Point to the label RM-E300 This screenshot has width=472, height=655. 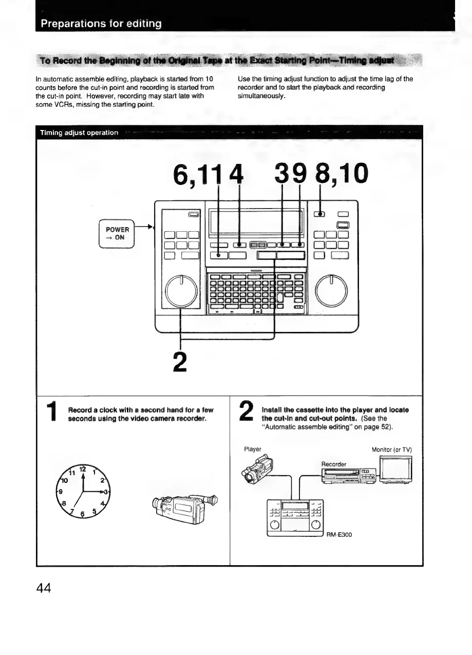coord(339,534)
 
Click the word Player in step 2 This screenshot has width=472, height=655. coord(253,449)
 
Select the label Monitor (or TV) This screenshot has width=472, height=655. coord(392,450)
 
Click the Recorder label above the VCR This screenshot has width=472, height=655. coord(334,464)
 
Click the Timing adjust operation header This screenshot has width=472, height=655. coord(79,133)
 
